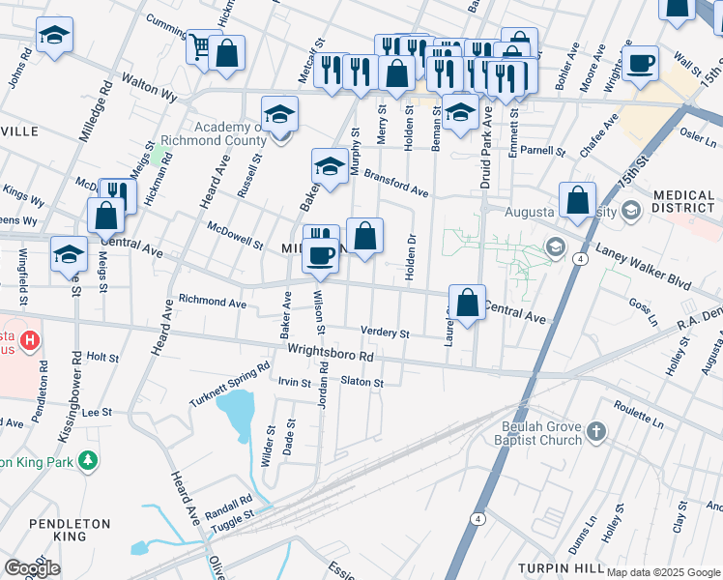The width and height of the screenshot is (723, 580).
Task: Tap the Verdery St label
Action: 385,333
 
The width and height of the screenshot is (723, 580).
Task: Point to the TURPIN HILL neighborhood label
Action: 560,567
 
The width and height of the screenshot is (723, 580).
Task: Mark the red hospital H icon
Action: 29,340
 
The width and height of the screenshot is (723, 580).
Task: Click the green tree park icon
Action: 89,460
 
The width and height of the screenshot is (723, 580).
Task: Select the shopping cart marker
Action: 199,46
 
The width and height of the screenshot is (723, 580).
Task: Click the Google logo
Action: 32,568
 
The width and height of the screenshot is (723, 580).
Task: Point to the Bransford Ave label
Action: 395,187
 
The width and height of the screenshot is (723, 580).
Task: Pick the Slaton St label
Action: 362,382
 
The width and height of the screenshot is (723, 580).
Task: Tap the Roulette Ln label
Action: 638,416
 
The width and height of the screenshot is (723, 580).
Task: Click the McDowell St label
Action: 235,235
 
